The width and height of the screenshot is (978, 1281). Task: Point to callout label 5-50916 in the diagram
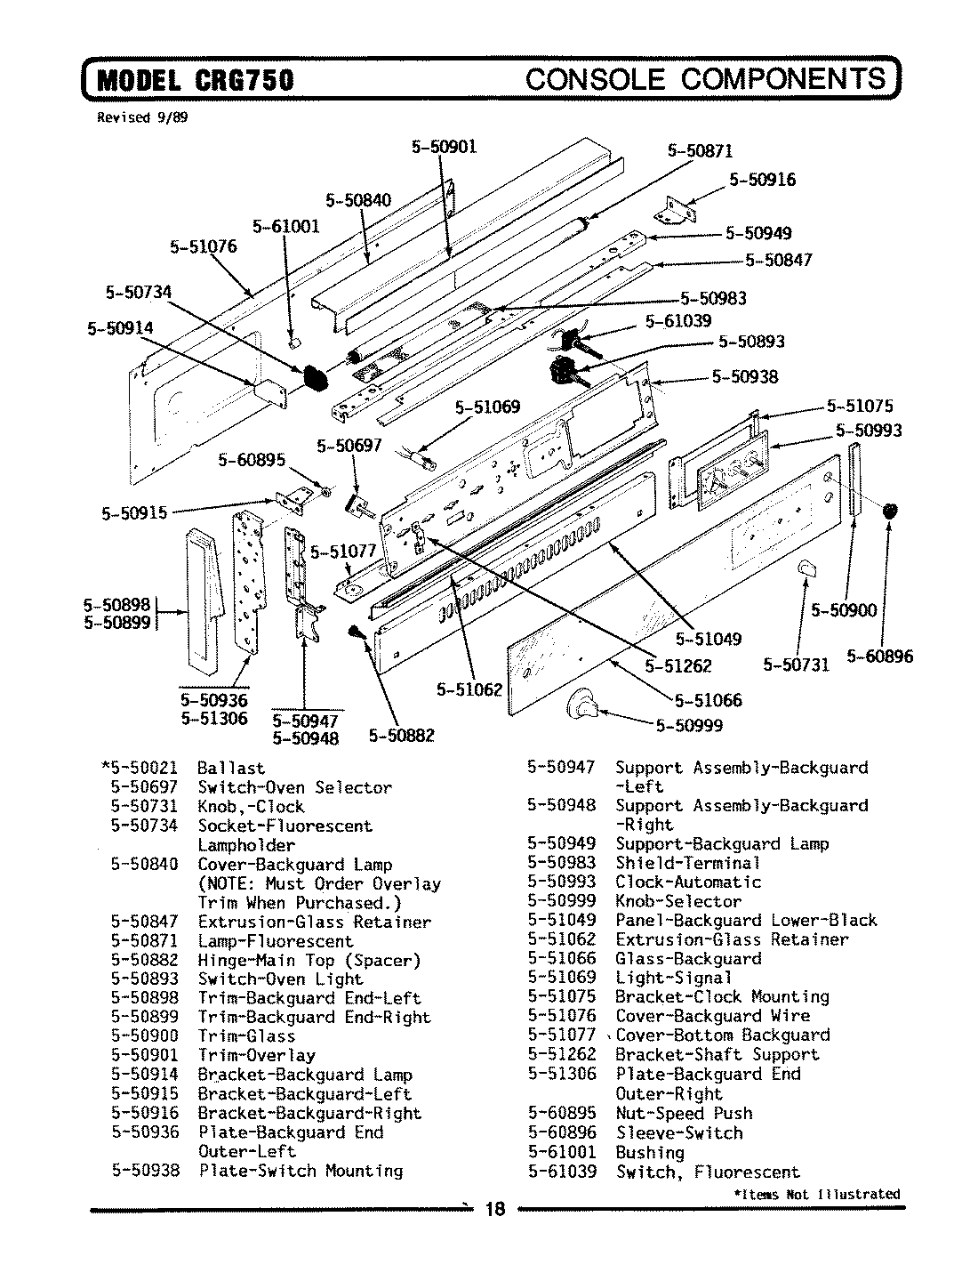click(762, 180)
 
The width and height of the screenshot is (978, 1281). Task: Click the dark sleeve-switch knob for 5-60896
click(889, 511)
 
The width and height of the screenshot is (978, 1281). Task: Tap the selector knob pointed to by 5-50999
click(582, 704)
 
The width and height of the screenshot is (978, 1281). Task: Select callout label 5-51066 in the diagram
click(708, 700)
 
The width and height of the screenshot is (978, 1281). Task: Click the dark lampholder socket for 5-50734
click(314, 377)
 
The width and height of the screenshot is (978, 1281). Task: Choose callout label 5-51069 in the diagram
click(487, 408)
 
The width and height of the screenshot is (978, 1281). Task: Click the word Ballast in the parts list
click(230, 768)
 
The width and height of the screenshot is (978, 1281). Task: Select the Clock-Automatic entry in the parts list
click(688, 882)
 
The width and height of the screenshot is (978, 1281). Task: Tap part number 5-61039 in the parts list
click(562, 1172)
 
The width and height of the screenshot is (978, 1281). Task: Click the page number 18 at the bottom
click(494, 1210)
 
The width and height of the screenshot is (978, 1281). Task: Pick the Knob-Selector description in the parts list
click(678, 901)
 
